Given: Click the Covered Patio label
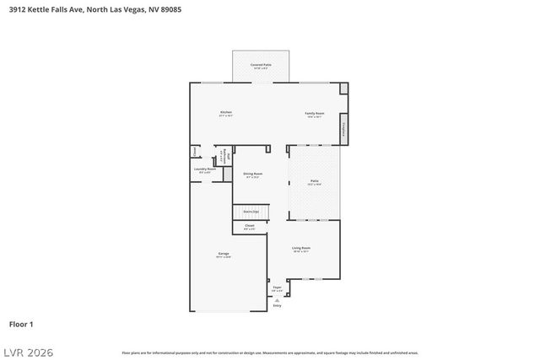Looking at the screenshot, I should tap(261, 65).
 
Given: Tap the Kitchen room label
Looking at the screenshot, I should tap(225, 112).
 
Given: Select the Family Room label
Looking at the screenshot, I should tap(315, 112).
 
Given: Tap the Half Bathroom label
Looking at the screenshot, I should tap(225, 157).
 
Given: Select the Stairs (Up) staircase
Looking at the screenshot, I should tap(251, 211).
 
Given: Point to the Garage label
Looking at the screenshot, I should tap(224, 254).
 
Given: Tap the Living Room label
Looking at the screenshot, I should tap(301, 248).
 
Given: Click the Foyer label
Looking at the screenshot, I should tap(277, 287).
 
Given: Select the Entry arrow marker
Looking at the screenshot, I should tap(277, 299).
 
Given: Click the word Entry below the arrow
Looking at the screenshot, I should tap(277, 306).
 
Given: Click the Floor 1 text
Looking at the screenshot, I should tap(21, 324).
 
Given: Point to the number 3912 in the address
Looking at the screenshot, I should tap(19, 9).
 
